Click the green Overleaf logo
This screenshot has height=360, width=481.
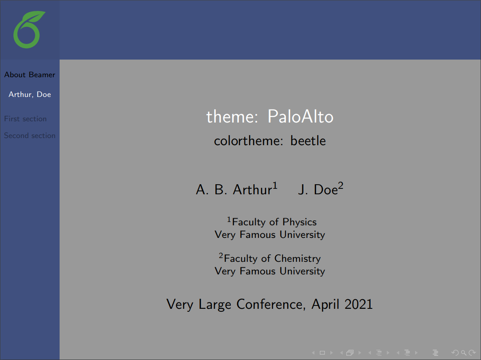(29, 30)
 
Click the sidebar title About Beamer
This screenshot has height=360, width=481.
(29, 75)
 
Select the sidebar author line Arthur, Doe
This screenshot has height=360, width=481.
(30, 94)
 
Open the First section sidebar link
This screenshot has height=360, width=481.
(25, 119)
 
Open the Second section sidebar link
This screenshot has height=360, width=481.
(29, 136)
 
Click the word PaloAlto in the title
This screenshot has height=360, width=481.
(300, 117)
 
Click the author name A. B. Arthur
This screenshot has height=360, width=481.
(234, 190)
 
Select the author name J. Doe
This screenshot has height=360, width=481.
(318, 190)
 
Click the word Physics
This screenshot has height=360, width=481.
(299, 222)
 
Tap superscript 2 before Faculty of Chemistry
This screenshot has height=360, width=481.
(221, 256)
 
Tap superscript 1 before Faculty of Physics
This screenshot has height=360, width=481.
(229, 219)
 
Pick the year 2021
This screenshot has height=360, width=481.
(358, 304)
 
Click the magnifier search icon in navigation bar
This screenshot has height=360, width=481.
(463, 353)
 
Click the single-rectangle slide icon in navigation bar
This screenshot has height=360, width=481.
(322, 353)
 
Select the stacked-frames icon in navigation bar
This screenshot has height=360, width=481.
(350, 353)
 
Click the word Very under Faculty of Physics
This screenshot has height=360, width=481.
(225, 235)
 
